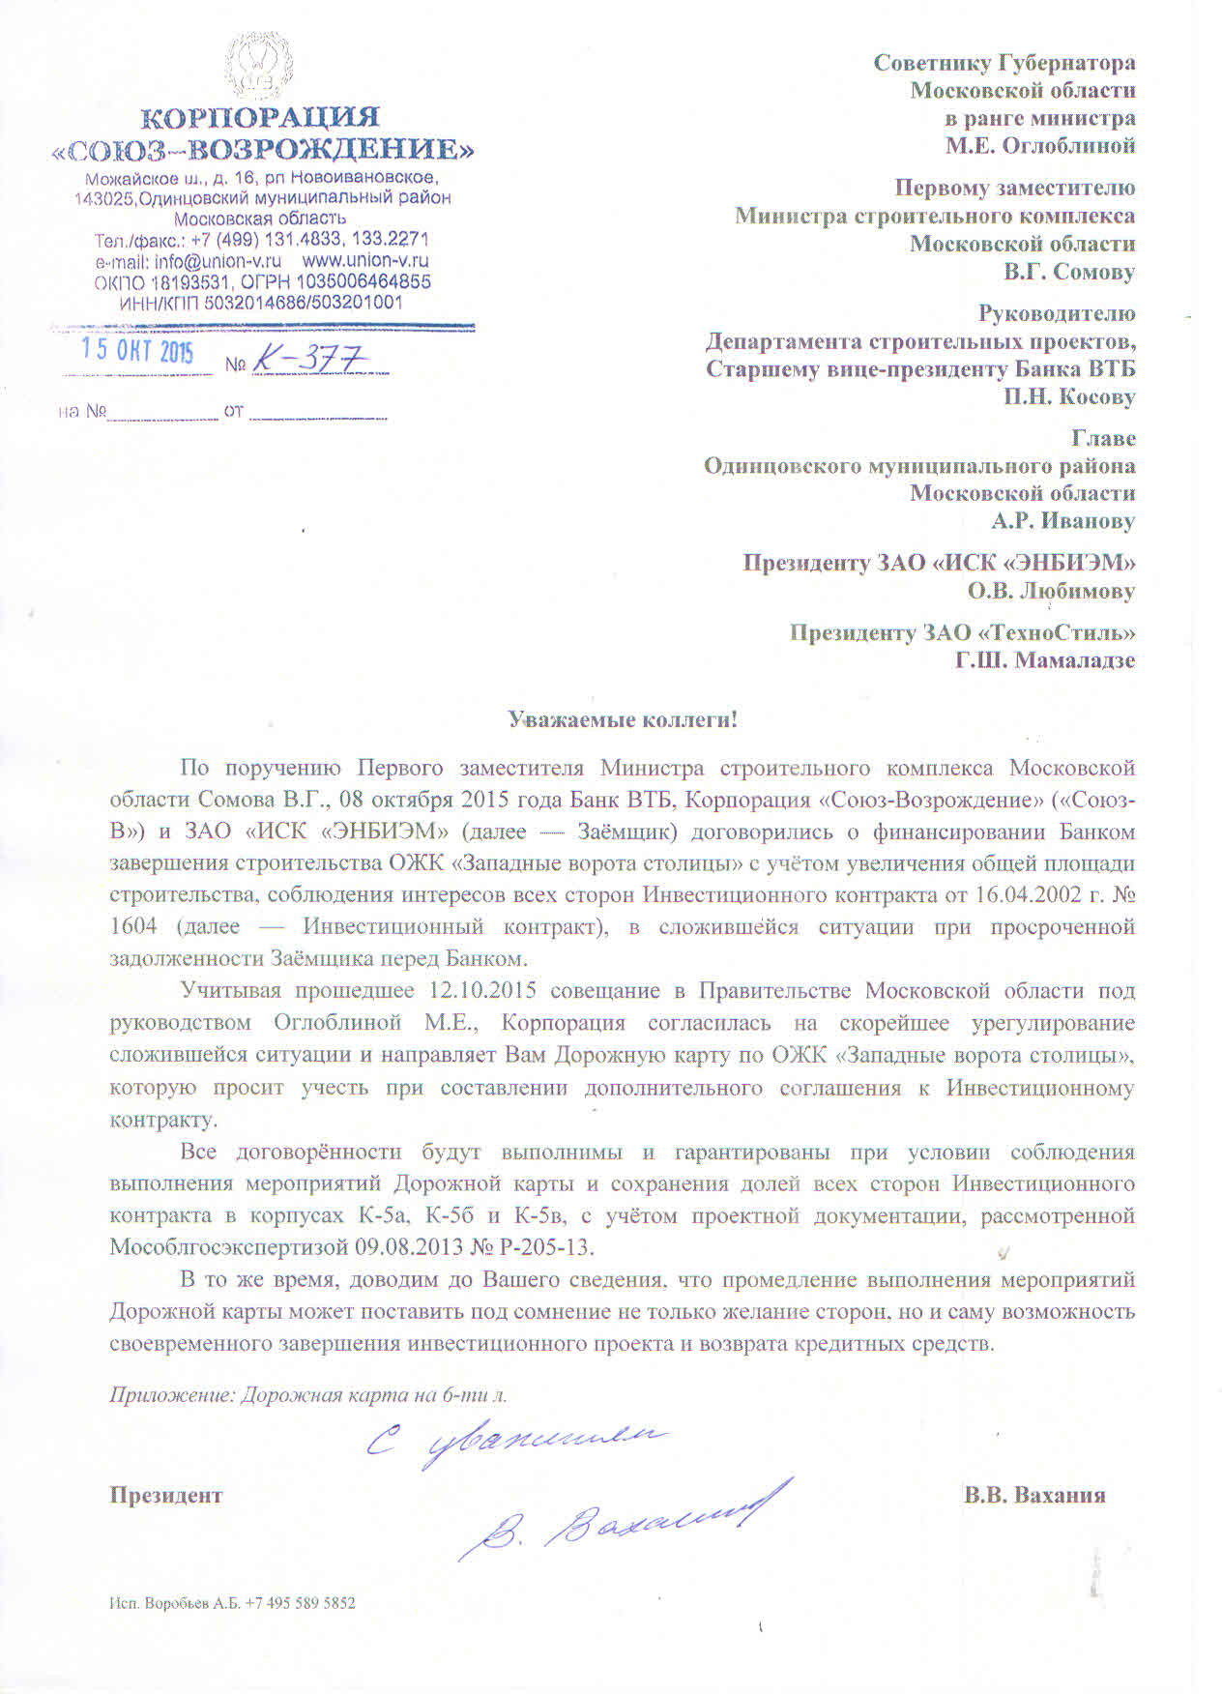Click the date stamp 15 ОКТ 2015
[x=136, y=351]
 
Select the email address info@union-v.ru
[x=218, y=261]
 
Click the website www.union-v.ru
[x=365, y=261]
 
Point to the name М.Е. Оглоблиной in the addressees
[x=1040, y=146]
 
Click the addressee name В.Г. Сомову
[x=1069, y=272]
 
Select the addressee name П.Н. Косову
[x=1069, y=396]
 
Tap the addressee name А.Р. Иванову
[x=1063, y=521]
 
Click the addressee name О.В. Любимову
[x=1052, y=591]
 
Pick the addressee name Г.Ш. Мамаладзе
[x=1045, y=660]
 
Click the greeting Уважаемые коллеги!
[x=623, y=719]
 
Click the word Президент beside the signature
[x=165, y=1495]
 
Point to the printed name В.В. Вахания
[x=1033, y=1495]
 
